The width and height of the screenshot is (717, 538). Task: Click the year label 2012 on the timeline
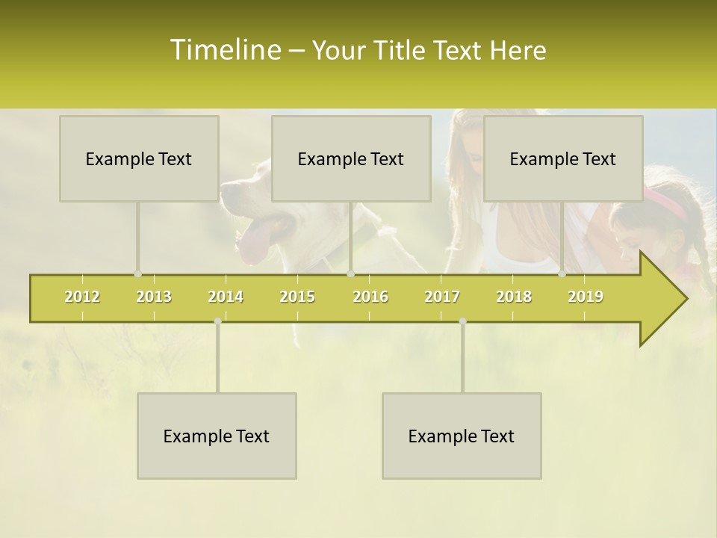click(x=82, y=297)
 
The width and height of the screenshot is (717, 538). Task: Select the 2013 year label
click(x=154, y=297)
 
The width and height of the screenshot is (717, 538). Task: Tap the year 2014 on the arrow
click(x=226, y=297)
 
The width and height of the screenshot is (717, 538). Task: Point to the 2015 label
click(x=297, y=297)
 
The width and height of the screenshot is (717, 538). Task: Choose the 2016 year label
click(x=370, y=297)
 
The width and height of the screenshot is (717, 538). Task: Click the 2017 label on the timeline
click(x=442, y=297)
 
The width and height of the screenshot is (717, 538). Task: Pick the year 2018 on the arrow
click(x=514, y=297)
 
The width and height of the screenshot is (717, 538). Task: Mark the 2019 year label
click(x=586, y=297)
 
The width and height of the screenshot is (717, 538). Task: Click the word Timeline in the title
click(x=224, y=50)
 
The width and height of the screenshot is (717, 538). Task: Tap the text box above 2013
click(x=139, y=158)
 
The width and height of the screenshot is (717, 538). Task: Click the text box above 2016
click(x=351, y=158)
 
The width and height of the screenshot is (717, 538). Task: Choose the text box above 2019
click(x=563, y=158)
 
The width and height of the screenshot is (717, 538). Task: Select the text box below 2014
click(x=217, y=436)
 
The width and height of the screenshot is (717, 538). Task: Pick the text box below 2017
click(x=462, y=436)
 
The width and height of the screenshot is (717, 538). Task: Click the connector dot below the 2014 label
click(x=217, y=321)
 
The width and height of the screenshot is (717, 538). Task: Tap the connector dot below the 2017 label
click(x=462, y=321)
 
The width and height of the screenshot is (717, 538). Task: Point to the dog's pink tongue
click(x=254, y=239)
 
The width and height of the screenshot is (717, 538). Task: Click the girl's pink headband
click(x=666, y=202)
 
